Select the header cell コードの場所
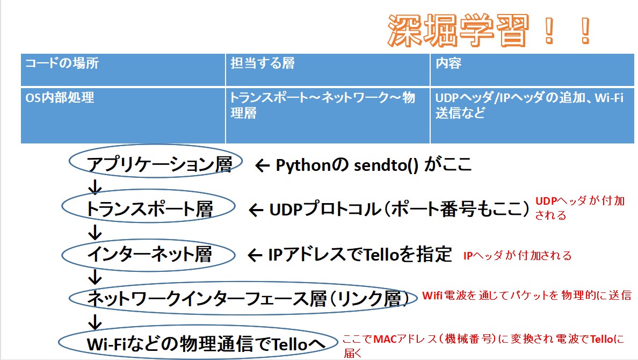(123, 70)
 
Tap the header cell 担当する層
(328, 70)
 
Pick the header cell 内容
(532, 70)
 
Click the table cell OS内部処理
(123, 115)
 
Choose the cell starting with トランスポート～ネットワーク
(328, 115)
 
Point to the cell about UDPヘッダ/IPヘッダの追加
(532, 115)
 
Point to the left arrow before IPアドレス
(255, 255)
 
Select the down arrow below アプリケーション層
(95, 187)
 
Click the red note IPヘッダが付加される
(518, 255)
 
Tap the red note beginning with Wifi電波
(526, 295)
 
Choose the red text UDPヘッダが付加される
(580, 208)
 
